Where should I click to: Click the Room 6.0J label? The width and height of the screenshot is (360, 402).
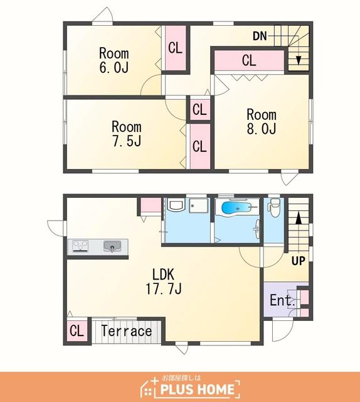point(114,60)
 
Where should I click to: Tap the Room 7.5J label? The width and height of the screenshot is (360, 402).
point(127,134)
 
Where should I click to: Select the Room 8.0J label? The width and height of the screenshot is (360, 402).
point(262,121)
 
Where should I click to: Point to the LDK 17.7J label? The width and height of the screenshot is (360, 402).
point(164,281)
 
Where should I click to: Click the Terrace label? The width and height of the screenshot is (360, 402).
point(127,330)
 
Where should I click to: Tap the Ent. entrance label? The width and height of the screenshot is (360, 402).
point(282,300)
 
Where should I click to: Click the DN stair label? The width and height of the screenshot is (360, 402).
point(260,36)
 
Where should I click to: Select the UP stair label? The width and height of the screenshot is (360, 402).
point(299,261)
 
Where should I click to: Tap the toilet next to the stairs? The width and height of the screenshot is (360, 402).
point(274,208)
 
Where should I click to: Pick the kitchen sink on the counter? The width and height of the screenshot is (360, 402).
point(112,246)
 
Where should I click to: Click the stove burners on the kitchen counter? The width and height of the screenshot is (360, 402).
point(80,246)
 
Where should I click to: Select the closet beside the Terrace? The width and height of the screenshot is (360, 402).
point(77,331)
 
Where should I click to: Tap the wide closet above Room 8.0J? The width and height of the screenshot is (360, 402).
point(249,60)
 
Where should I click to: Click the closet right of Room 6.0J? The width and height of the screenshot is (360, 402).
point(176,48)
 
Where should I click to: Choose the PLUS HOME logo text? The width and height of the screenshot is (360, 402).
point(197,389)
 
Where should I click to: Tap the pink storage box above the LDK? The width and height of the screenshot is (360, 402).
point(151,205)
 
